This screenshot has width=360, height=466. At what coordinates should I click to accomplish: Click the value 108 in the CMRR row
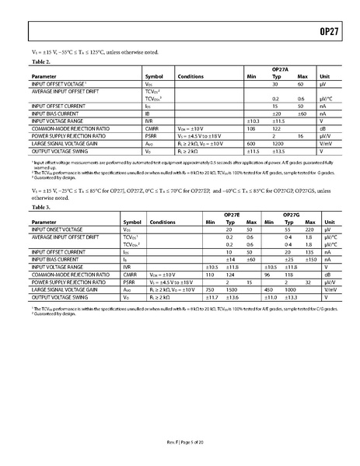(250, 128)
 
